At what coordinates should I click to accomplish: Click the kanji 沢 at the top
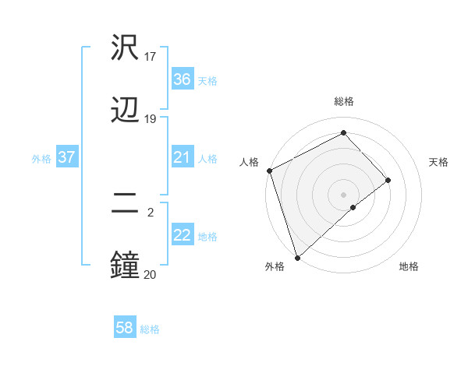(x=125, y=48)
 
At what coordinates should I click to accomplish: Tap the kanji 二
(x=125, y=204)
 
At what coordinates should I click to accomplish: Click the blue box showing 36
(x=182, y=79)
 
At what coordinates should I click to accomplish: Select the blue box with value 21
(x=182, y=157)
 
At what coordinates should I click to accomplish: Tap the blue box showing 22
(x=182, y=235)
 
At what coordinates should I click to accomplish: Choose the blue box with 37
(x=66, y=157)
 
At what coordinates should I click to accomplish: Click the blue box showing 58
(x=125, y=328)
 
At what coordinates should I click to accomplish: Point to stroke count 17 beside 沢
(x=151, y=56)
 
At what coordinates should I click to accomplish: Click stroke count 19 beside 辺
(x=151, y=119)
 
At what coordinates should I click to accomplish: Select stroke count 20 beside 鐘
(x=151, y=274)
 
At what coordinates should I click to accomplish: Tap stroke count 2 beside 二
(x=151, y=212)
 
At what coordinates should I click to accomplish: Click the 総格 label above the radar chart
(x=344, y=101)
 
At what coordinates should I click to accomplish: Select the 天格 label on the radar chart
(x=438, y=162)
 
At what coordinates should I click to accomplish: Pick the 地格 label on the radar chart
(x=409, y=267)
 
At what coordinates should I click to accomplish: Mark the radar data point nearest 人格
(x=269, y=171)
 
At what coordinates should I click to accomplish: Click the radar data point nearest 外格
(x=296, y=257)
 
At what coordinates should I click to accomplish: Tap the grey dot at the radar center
(x=344, y=194)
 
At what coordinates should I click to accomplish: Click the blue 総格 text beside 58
(x=150, y=329)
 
